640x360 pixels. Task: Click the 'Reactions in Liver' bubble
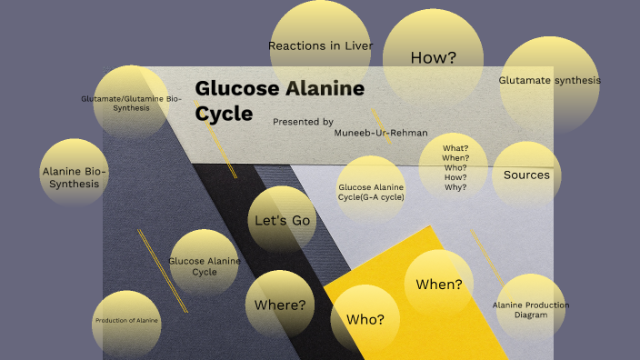click(x=321, y=45)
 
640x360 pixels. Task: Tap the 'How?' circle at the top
click(x=433, y=57)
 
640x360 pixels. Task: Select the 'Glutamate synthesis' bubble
click(x=549, y=81)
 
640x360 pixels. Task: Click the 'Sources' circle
click(x=526, y=175)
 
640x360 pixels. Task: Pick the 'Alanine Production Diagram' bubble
click(x=531, y=310)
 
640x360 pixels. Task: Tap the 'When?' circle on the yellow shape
click(x=439, y=284)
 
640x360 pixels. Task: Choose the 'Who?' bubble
click(x=365, y=319)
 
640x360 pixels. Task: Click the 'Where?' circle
click(x=280, y=304)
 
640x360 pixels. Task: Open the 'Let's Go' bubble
click(x=282, y=220)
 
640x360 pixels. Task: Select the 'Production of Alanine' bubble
click(x=126, y=321)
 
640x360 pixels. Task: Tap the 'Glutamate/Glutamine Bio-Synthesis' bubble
click(x=131, y=103)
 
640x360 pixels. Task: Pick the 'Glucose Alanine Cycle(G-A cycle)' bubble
click(x=371, y=192)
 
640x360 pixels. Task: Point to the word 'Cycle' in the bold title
click(x=224, y=114)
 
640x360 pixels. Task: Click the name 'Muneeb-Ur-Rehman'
click(x=381, y=133)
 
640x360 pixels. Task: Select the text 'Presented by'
click(x=303, y=121)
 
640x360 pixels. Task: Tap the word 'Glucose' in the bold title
click(x=235, y=89)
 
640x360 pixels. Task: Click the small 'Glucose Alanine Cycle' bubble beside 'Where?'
click(x=205, y=265)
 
